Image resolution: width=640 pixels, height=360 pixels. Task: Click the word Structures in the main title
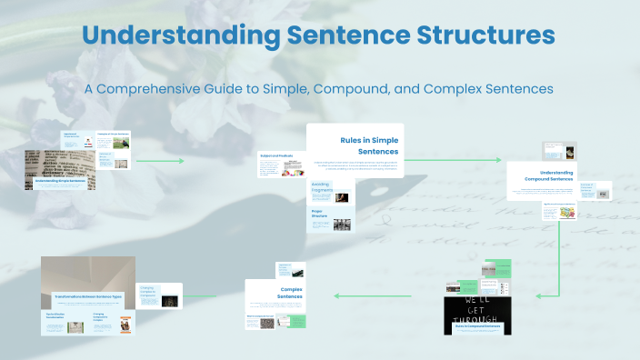[479, 36]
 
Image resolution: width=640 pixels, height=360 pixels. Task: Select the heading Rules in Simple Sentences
[368, 145]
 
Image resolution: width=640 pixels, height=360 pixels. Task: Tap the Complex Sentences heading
[290, 293]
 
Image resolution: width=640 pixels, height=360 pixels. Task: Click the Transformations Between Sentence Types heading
[88, 296]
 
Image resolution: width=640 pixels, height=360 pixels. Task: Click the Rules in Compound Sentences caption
[478, 325]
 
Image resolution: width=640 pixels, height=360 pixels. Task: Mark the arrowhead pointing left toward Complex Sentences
[337, 295]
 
